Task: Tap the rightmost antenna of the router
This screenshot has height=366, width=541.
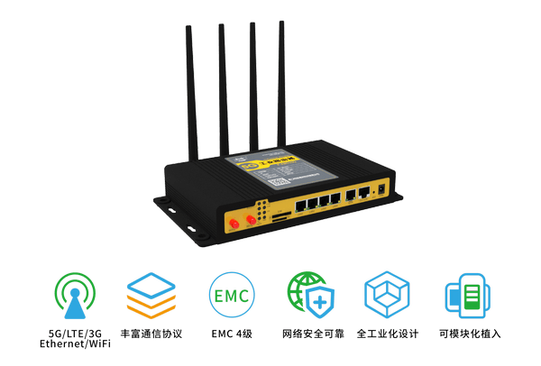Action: click(281, 81)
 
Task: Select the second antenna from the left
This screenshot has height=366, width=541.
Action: click(222, 86)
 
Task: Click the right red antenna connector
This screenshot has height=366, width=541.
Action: click(248, 216)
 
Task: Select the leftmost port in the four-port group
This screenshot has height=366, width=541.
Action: click(298, 205)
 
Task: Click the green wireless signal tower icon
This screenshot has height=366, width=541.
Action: click(71, 296)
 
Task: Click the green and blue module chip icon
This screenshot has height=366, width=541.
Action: click(466, 296)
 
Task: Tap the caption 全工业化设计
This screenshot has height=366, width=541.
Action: click(387, 334)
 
